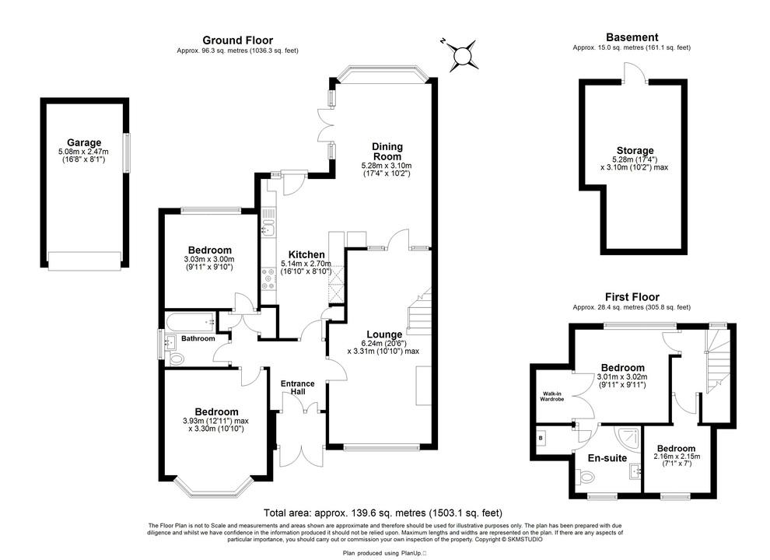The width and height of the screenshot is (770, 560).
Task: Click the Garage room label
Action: [x=84, y=143]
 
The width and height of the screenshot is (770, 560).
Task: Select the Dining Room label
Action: [x=387, y=151]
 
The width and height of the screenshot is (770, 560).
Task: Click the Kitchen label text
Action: [x=306, y=255]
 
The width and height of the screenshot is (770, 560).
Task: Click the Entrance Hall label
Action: [x=298, y=387]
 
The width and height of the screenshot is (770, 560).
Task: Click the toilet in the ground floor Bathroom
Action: [x=177, y=359]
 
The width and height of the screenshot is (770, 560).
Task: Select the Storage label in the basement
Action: [x=635, y=151]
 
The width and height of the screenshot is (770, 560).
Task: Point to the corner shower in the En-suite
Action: [x=627, y=436]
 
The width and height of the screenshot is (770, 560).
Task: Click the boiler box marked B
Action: [x=541, y=438]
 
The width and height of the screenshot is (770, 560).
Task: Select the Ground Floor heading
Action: [x=237, y=40]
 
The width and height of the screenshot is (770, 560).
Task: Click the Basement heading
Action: [x=632, y=37]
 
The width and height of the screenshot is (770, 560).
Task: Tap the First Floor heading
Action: [x=632, y=297]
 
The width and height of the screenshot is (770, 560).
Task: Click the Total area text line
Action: [x=383, y=513]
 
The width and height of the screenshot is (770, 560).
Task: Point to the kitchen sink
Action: [x=267, y=227]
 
